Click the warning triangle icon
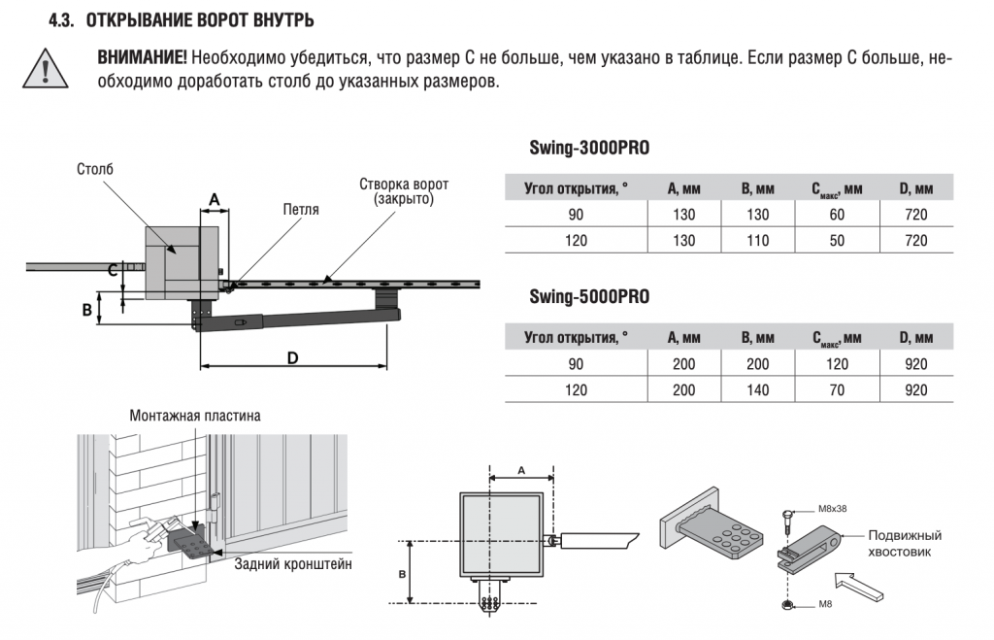pos(43,68)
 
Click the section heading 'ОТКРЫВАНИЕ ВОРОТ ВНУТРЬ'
pos(209,19)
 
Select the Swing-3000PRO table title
pos(589,149)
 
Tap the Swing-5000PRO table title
pos(589,296)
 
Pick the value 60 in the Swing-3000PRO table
pos(836,215)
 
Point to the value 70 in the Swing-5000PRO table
pos(836,390)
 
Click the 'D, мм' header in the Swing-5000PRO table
pos(915,338)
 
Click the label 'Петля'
pos(301,209)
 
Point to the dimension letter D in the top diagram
pos(292,357)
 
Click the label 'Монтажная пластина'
pos(195,416)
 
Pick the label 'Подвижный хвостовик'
pos(905,543)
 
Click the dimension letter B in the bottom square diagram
pos(402,574)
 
